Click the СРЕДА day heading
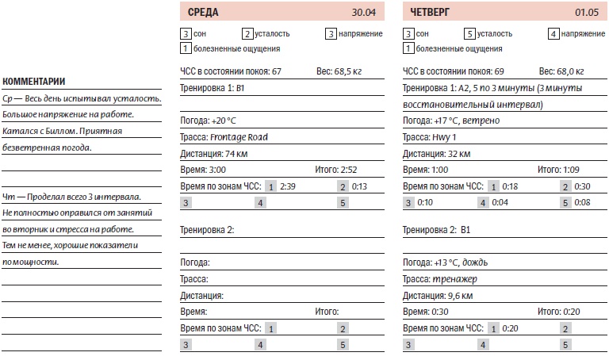pyautogui.click(x=205, y=12)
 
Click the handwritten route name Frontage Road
pyautogui.click(x=239, y=137)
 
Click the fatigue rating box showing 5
pyautogui.click(x=469, y=34)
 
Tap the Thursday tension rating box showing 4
pyautogui.click(x=553, y=34)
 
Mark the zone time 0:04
pyautogui.click(x=500, y=203)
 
